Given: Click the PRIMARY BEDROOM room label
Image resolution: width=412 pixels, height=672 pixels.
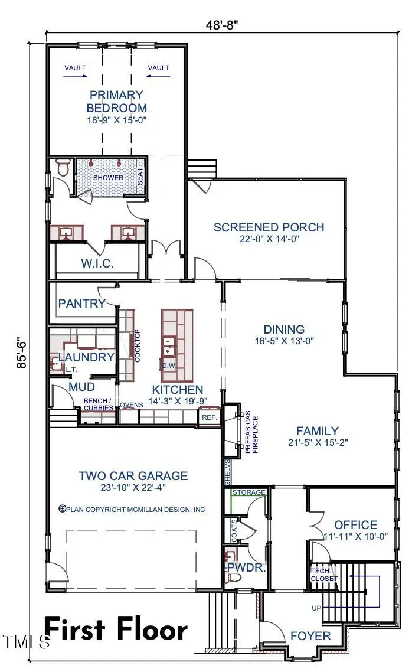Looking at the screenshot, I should [116, 101].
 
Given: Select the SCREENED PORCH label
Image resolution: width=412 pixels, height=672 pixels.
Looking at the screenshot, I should [269, 227].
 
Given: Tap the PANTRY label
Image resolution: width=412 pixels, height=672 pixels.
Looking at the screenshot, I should [81, 304].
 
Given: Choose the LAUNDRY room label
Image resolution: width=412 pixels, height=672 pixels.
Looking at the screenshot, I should [86, 357].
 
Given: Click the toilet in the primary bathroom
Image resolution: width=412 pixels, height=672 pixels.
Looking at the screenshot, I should [63, 168].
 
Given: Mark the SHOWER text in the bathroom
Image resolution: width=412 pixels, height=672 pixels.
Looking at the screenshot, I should [109, 178].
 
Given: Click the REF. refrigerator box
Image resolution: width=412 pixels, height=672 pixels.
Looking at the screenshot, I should [210, 417].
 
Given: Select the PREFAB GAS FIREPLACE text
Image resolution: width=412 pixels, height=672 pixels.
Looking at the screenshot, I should [252, 434].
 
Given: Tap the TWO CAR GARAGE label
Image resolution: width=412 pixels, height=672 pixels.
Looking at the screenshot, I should [133, 475].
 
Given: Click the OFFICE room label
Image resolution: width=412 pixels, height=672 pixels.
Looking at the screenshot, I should [355, 525].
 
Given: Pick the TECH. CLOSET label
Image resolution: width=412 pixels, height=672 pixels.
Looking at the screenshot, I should [324, 575].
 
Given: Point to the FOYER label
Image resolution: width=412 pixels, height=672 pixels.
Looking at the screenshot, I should [310, 636].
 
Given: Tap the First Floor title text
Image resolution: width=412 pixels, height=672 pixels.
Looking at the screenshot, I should [116, 629].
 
